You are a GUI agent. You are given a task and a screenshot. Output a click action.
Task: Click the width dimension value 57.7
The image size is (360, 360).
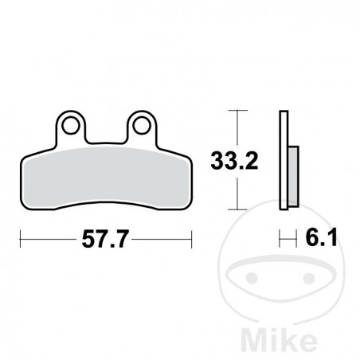pyautogui.click(x=106, y=238)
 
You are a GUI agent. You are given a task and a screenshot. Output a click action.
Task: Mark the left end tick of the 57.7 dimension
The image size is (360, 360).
pyautogui.click(x=21, y=237)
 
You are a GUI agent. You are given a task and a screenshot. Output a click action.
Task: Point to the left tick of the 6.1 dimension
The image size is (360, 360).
pyautogui.click(x=280, y=237)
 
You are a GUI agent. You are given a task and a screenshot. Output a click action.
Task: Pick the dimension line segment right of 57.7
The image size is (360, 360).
pyautogui.click(x=163, y=237)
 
